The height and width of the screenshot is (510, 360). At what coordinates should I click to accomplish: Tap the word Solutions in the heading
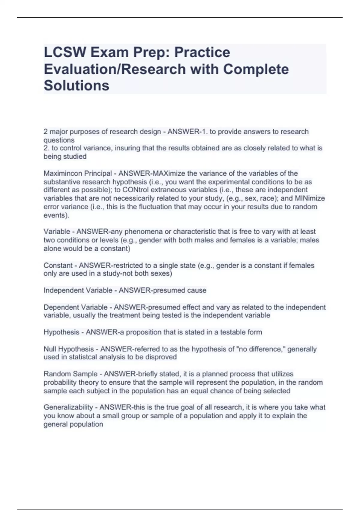[x=76, y=85]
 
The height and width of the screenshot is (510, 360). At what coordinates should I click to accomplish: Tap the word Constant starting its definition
[x=58, y=265]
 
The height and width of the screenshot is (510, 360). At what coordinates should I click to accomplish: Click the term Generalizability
[x=68, y=407]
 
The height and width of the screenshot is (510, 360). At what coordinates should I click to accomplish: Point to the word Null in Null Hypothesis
[x=50, y=349]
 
